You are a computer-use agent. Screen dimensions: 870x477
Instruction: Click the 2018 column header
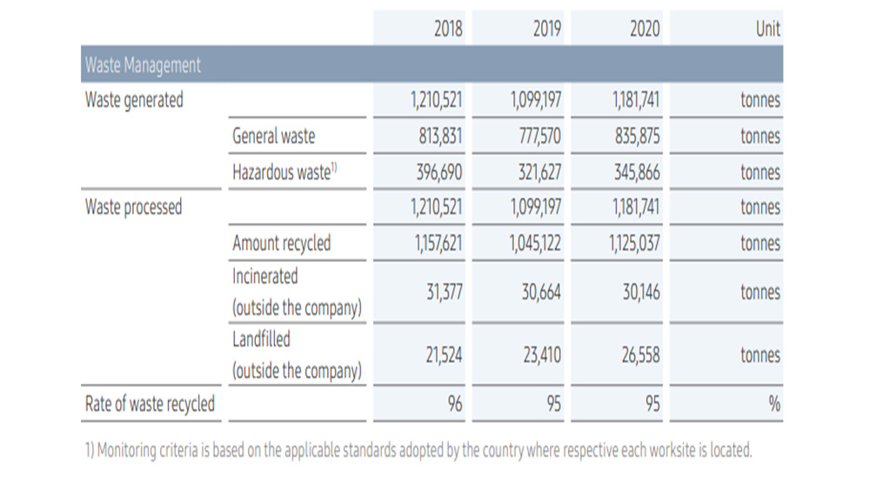(x=448, y=29)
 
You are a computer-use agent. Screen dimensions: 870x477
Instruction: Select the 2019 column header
(x=547, y=29)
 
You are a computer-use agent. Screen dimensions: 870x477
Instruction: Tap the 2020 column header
(x=645, y=29)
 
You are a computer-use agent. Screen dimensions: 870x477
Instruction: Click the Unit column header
(x=768, y=29)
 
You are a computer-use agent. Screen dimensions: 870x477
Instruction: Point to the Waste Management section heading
(x=143, y=65)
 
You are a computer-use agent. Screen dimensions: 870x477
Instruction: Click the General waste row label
(x=273, y=136)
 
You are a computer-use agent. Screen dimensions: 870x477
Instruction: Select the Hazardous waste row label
(x=284, y=172)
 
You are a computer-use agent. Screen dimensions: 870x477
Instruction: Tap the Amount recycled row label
(x=281, y=243)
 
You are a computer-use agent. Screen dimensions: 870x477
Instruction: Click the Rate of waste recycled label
(x=150, y=404)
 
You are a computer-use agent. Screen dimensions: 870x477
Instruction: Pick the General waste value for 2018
(x=440, y=136)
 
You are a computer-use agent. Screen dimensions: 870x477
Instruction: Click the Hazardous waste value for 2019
(x=539, y=172)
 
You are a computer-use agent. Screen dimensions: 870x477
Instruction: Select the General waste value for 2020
(x=637, y=136)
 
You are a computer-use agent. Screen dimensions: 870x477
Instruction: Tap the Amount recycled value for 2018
(x=438, y=243)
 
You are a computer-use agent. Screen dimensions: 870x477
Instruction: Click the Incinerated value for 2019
(x=541, y=292)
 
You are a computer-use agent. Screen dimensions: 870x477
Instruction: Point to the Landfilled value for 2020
(x=640, y=355)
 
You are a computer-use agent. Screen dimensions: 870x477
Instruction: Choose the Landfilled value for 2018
(x=444, y=355)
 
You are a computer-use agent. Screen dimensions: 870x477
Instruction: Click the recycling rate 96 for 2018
(x=455, y=404)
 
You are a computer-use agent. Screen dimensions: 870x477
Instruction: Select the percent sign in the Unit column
(x=774, y=404)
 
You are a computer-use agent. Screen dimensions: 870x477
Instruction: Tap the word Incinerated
(x=265, y=276)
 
